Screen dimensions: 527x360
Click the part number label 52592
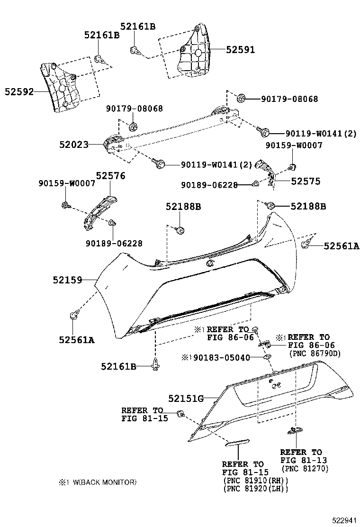click(19, 92)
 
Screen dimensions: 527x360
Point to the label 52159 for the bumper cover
click(67, 280)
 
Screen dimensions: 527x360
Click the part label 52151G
click(186, 399)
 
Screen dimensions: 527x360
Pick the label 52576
click(110, 176)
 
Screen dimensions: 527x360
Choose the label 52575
click(306, 181)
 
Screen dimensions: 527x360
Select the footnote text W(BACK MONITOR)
click(104, 482)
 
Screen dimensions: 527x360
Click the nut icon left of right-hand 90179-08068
click(241, 99)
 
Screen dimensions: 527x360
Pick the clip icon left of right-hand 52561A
click(306, 245)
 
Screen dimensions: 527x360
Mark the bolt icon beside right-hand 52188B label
click(271, 206)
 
